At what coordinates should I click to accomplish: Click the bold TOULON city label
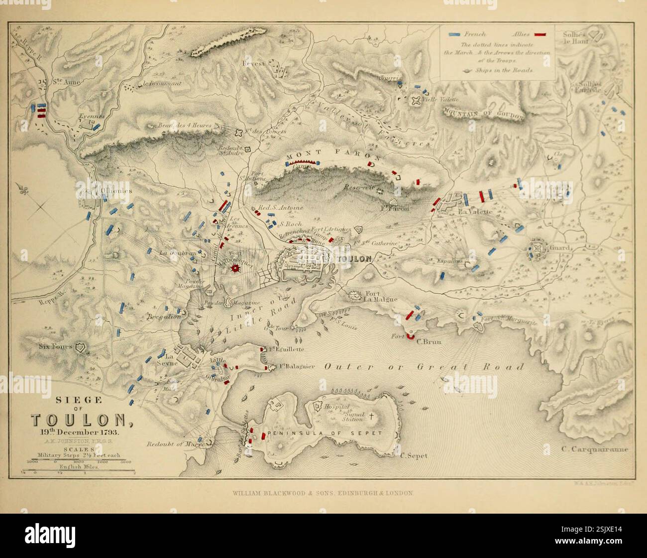coord(354,259)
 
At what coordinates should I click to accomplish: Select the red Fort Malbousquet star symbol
coord(236,268)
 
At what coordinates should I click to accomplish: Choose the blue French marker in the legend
coord(454,34)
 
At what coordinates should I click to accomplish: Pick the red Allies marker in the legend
coord(540,34)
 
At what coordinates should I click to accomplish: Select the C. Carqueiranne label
coord(595,449)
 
